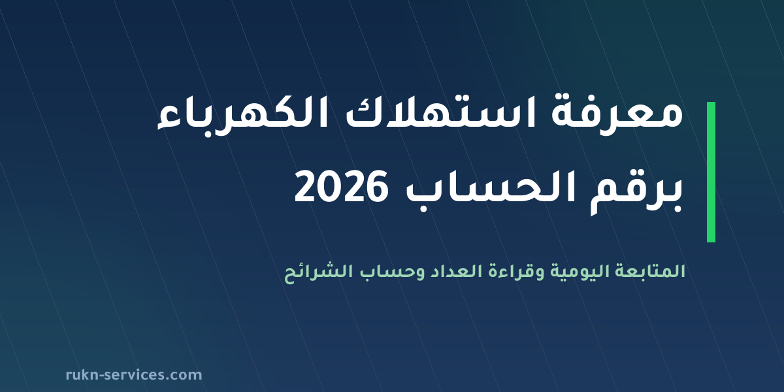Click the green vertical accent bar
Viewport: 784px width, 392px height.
point(711,172)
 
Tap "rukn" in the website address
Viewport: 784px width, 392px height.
point(82,375)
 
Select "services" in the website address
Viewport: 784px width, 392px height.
point(135,375)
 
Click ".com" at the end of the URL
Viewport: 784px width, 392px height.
point(184,376)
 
